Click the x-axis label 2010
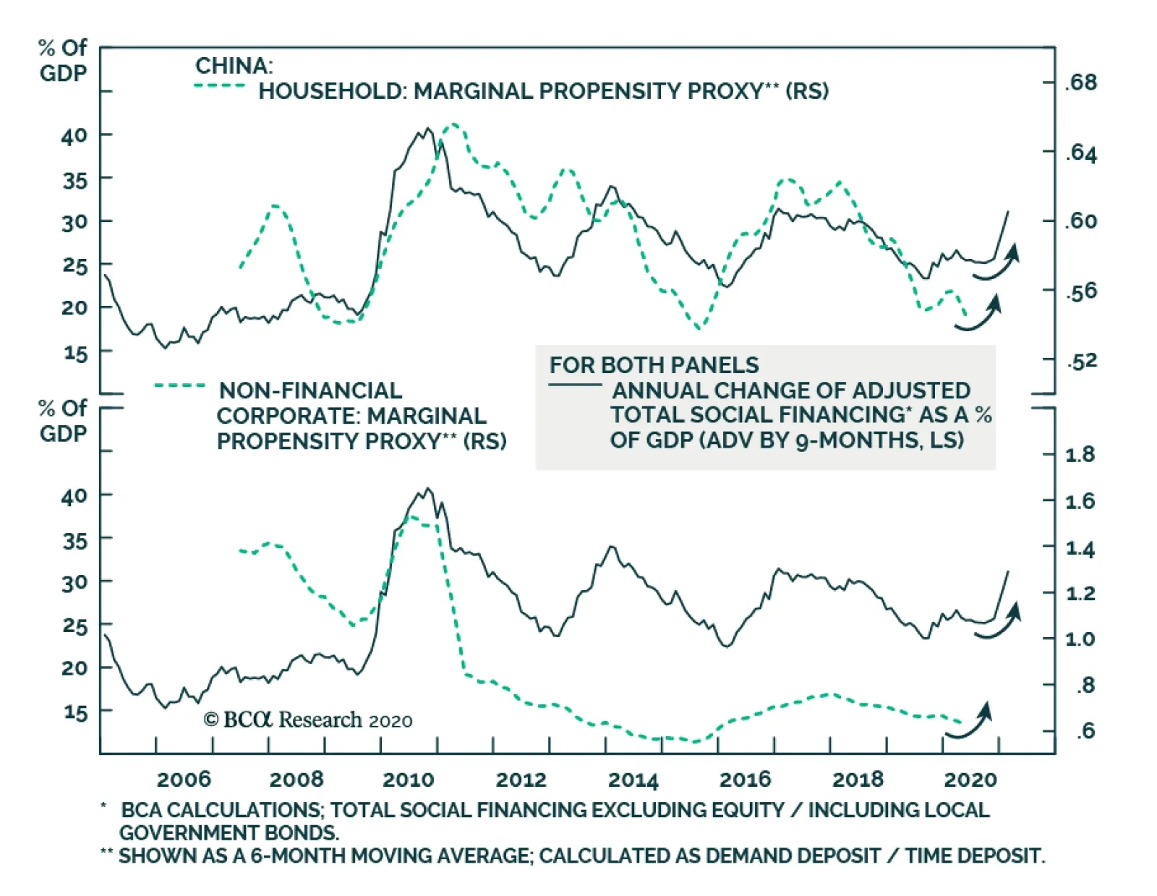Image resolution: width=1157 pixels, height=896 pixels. pyautogui.click(x=408, y=780)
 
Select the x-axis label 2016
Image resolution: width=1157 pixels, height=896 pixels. pyautogui.click(x=745, y=780)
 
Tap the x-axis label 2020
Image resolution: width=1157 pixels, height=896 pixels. pyautogui.click(x=970, y=780)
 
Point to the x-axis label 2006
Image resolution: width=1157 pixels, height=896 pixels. pyautogui.click(x=184, y=780)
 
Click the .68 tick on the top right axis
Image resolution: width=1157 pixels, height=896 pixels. pyautogui.click(x=1081, y=82)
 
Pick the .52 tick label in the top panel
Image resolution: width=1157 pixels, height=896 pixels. pyautogui.click(x=1082, y=361)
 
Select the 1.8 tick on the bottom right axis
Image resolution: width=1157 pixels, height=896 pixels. pyautogui.click(x=1080, y=455)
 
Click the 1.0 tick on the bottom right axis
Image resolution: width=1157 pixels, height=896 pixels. pyautogui.click(x=1080, y=639)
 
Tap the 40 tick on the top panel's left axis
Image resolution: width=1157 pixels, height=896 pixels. pyautogui.click(x=74, y=135)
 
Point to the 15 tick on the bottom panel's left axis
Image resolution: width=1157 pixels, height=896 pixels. pyautogui.click(x=74, y=712)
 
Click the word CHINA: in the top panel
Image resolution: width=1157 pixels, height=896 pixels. pyautogui.click(x=234, y=66)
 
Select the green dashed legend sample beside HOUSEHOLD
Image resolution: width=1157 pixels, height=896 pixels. pyautogui.click(x=220, y=86)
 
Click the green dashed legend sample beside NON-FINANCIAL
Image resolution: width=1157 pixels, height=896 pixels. pyautogui.click(x=179, y=386)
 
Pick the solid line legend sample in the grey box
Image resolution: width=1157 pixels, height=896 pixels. pyautogui.click(x=575, y=385)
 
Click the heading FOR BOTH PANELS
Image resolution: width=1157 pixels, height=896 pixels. pyautogui.click(x=654, y=365)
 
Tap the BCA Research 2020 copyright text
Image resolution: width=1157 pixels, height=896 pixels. pyautogui.click(x=308, y=720)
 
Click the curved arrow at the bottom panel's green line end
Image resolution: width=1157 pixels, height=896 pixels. pyautogui.click(x=970, y=722)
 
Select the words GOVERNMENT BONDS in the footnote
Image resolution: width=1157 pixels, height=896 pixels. pyautogui.click(x=229, y=832)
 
